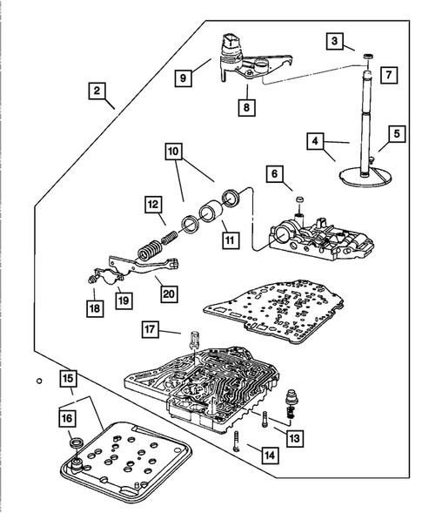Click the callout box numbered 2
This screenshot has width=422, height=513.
pyautogui.click(x=97, y=91)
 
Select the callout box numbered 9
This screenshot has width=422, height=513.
pyautogui.click(x=183, y=78)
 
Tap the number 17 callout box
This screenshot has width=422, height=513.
pyautogui.click(x=150, y=329)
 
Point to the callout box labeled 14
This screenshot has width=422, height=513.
pyautogui.click(x=270, y=456)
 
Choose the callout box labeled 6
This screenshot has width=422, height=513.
pyautogui.click(x=275, y=174)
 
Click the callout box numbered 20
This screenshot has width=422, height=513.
pyautogui.click(x=169, y=294)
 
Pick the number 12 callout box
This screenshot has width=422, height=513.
pyautogui.click(x=153, y=205)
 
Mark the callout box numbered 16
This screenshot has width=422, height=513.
pyautogui.click(x=67, y=418)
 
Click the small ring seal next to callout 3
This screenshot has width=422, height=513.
pyautogui.click(x=368, y=57)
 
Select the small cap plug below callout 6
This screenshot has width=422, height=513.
pyautogui.click(x=300, y=200)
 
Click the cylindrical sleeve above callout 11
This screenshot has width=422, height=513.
pyautogui.click(x=211, y=213)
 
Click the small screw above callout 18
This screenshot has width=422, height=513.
pyautogui.click(x=91, y=279)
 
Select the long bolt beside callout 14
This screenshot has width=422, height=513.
pyautogui.click(x=237, y=441)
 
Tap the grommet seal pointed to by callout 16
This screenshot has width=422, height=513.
pyautogui.click(x=77, y=442)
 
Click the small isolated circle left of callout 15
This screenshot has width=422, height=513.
pyautogui.click(x=39, y=381)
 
